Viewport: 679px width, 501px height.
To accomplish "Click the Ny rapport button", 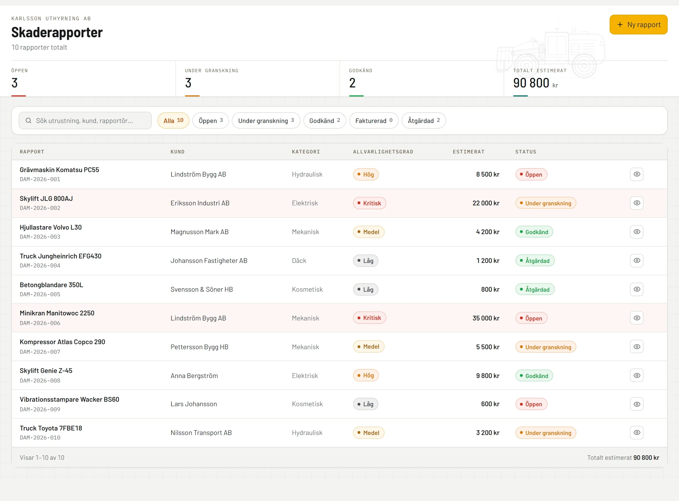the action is point(638,25).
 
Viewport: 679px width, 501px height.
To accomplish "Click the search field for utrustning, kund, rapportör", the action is point(85,121).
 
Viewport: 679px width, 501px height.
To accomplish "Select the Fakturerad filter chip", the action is point(374,121).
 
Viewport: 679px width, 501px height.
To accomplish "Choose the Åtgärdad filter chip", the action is point(424,121).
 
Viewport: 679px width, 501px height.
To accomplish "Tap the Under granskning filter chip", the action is point(266,121).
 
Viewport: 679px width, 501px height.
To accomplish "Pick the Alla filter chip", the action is point(173,121).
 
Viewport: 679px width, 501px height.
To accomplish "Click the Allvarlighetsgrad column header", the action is point(383,152).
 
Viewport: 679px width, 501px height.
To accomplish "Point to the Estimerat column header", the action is point(469,152).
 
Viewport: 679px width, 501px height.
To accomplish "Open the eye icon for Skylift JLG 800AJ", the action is point(637,203).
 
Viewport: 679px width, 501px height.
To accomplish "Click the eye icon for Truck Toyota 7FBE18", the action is point(637,432).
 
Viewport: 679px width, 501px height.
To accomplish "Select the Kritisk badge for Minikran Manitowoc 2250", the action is point(369,318).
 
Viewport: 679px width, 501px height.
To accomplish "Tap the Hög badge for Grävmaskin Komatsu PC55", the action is point(366,174).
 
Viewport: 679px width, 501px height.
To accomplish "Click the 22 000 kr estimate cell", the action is point(486,203).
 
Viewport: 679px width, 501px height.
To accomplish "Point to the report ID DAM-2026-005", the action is point(40,294).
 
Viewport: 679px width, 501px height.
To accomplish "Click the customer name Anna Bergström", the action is point(194,376).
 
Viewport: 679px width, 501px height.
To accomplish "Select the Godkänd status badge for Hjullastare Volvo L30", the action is point(534,232).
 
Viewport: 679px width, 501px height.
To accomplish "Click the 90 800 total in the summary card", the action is point(531,83).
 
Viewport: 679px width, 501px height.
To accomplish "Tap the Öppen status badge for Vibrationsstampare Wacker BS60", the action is point(531,404).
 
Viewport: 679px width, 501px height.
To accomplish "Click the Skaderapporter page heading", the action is point(57,32).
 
